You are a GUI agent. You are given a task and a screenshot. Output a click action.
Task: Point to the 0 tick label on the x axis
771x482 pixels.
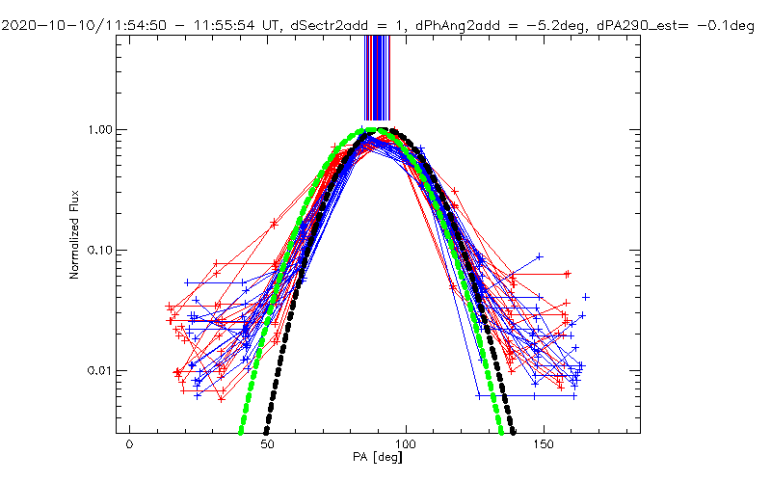click(129, 443)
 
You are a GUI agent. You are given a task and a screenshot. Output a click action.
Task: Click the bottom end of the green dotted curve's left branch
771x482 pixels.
click(240, 430)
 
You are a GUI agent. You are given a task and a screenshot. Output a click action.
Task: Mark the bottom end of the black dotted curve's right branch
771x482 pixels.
click(514, 430)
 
